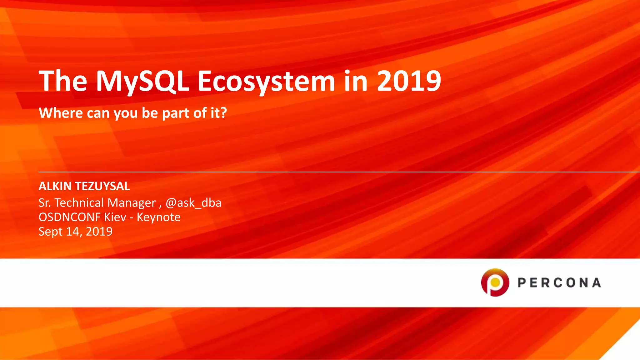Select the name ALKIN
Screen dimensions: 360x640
click(55, 186)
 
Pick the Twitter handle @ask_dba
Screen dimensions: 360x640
click(193, 203)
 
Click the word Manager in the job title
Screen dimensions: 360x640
click(131, 203)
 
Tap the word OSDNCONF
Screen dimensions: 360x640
click(69, 217)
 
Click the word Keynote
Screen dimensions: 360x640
click(158, 217)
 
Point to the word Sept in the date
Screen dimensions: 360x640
click(50, 232)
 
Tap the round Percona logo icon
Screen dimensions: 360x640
click(495, 282)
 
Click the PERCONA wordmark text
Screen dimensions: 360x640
click(559, 283)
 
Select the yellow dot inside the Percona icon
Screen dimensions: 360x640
click(495, 282)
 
